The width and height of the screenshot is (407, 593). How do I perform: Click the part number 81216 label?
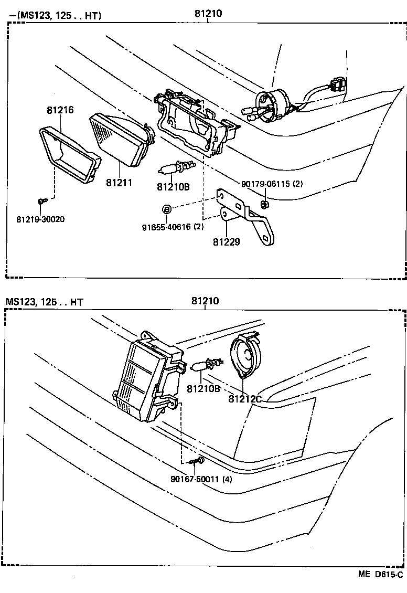(60, 110)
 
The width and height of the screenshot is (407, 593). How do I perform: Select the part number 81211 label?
(119, 183)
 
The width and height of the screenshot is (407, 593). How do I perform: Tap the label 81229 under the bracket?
(227, 242)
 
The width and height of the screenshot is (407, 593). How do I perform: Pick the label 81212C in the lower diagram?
(245, 399)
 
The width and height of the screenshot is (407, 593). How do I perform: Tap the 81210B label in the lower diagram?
(203, 388)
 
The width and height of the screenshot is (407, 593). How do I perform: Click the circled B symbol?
(166, 209)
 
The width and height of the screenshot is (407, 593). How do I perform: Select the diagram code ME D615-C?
(381, 574)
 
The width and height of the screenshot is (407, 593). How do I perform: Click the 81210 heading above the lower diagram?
(205, 301)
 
